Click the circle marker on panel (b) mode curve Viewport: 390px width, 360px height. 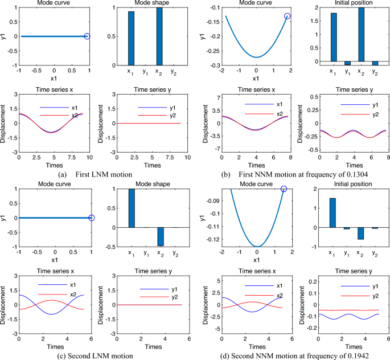(288, 16)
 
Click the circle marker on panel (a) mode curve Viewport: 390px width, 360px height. (87, 36)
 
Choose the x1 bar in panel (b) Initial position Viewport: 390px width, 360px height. (333, 36)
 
